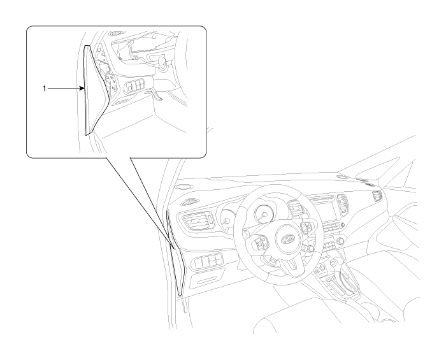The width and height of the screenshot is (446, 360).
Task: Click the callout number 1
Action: (x=45, y=89)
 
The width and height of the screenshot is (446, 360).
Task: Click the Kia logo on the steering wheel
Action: (x=287, y=239)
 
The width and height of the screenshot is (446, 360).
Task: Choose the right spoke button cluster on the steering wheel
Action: (x=307, y=227)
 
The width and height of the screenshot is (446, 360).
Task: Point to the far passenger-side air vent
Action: (x=377, y=196)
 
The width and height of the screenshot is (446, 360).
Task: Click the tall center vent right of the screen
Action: (x=343, y=205)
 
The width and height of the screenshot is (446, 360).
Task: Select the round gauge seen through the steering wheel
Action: (x=264, y=213)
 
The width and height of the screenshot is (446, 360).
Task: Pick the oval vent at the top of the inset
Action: (x=117, y=34)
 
